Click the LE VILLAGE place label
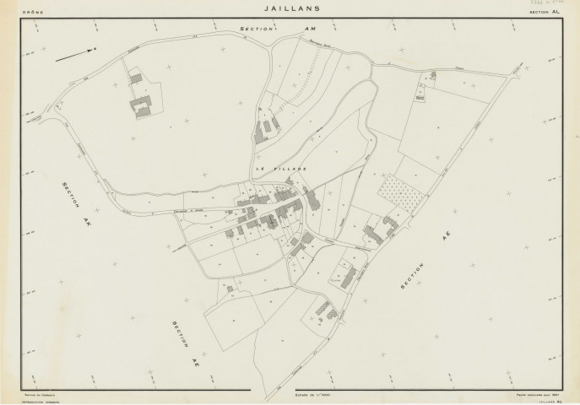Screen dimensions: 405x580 (x=276, y=169)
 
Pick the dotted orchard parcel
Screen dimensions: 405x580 (x=399, y=192)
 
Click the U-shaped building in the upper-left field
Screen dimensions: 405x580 (x=141, y=105)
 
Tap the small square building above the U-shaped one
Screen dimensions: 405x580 (x=136, y=78)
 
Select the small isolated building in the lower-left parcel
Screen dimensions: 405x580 (x=230, y=288)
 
